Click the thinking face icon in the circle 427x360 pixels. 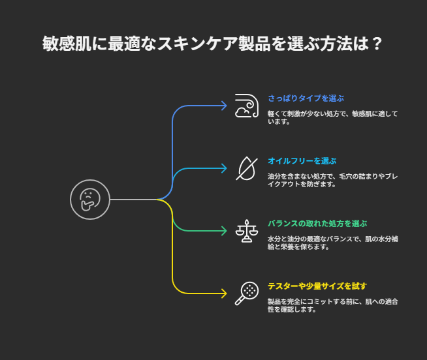[90, 200]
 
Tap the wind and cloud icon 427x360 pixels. [247, 106]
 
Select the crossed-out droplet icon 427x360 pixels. [247, 168]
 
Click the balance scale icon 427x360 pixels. [247, 231]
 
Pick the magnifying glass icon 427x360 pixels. [247, 293]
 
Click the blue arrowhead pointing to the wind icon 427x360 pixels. [224, 106]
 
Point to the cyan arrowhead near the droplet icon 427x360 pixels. [224, 168]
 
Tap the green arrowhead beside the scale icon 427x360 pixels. [224, 231]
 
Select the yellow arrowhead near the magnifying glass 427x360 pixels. [224, 293]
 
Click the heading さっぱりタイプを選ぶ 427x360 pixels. [306, 98]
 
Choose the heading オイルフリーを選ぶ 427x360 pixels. [302, 161]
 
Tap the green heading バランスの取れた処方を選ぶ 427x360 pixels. [317, 224]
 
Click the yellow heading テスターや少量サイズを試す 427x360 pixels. [317, 286]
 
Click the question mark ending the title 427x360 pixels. [377, 44]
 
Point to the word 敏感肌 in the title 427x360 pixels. [67, 44]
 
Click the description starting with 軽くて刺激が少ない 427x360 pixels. [332, 117]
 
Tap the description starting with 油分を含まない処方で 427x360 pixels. [332, 180]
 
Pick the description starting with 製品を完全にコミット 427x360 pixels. [332, 305]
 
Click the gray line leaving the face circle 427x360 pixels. [133, 200]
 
